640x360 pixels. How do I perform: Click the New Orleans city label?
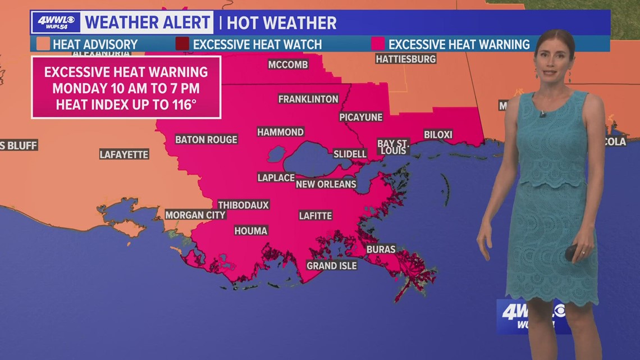(x=326, y=184)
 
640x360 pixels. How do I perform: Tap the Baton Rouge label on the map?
(x=206, y=139)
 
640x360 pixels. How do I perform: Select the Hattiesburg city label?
(x=405, y=58)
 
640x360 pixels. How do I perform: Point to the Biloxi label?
(x=438, y=135)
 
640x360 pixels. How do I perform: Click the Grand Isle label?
(x=331, y=266)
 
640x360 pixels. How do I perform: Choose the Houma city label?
(x=251, y=230)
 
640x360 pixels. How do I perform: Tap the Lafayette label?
(x=124, y=154)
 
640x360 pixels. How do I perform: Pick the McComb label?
(x=288, y=65)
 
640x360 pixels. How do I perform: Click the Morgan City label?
(x=195, y=215)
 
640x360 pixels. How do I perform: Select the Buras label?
(x=381, y=249)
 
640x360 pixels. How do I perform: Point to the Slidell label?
(x=350, y=153)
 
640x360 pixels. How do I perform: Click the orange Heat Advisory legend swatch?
(x=43, y=44)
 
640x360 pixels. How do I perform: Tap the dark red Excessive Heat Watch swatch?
(x=182, y=44)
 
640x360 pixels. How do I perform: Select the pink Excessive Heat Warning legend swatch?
(x=378, y=44)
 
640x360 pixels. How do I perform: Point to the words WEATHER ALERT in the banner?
(x=147, y=22)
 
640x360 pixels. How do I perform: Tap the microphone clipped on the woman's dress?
(x=543, y=115)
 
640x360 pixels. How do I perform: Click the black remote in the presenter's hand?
(x=570, y=252)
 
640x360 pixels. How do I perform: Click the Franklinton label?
(x=308, y=99)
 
